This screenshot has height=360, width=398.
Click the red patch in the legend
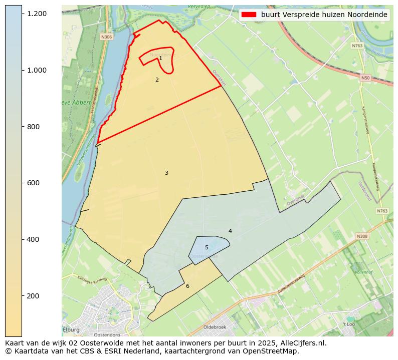249,15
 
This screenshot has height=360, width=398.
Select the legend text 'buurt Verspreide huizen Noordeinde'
324,15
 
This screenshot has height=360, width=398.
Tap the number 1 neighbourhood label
160,59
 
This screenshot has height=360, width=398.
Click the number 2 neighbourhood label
157,80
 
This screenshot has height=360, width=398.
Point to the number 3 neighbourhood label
166,173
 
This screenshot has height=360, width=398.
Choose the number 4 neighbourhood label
230,231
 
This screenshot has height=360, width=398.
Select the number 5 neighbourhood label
207,247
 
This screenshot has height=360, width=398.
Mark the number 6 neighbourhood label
187,286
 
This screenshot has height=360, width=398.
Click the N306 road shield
106,37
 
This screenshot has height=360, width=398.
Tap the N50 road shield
365,78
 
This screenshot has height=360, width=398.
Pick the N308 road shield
362,236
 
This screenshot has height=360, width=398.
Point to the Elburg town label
72,329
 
